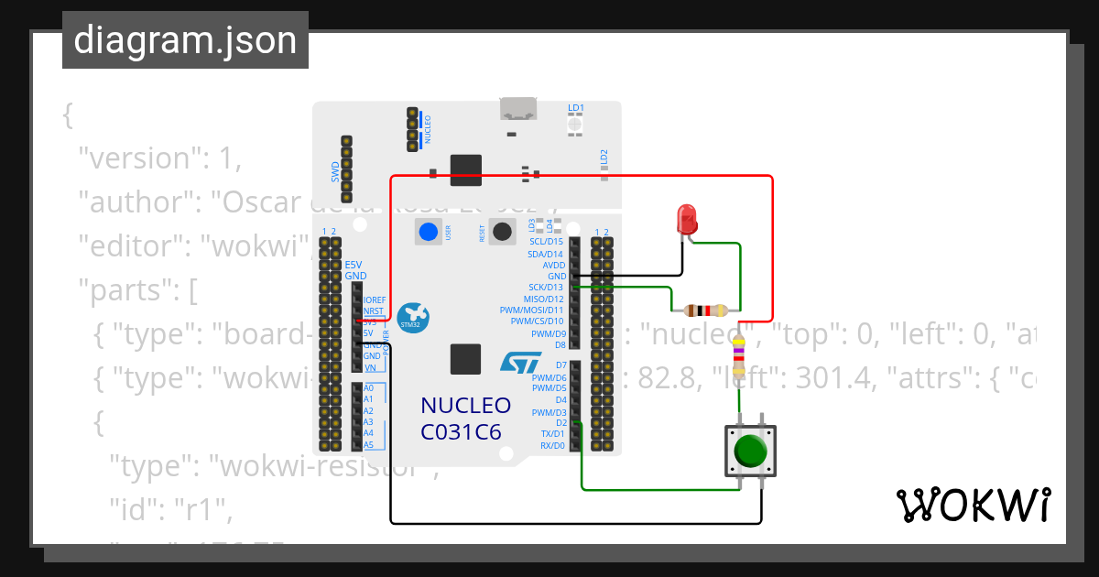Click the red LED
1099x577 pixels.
coord(686,218)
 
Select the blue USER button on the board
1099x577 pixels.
coord(428,232)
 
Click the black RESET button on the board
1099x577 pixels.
coord(501,232)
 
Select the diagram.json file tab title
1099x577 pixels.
coord(185,40)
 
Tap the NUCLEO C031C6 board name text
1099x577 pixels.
coord(465,418)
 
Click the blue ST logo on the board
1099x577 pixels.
coord(520,363)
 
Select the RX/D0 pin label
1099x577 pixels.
coord(552,445)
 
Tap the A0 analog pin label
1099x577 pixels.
coord(368,388)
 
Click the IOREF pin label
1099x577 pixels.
coord(375,300)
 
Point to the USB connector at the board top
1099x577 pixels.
coord(519,108)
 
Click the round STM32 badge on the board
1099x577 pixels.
coord(414,318)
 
